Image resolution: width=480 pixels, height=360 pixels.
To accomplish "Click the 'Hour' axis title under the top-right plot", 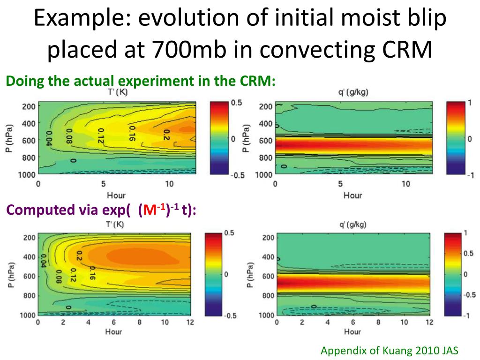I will pyautogui.click(x=352, y=195).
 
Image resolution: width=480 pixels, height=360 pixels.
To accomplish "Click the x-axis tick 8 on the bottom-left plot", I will pyautogui.click(x=139, y=322).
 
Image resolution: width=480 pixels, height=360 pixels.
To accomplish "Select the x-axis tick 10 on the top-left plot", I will pyautogui.click(x=169, y=184).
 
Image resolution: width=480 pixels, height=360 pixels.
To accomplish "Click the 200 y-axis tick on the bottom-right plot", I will pyautogui.click(x=268, y=238).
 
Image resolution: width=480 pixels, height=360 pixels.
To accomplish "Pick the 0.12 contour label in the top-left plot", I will pyautogui.click(x=100, y=135).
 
